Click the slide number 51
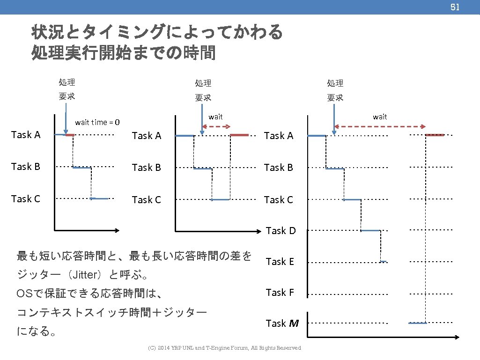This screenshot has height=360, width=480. [x=455, y=7]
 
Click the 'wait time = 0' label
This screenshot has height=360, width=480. [x=97, y=123]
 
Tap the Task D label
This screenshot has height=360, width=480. [x=281, y=231]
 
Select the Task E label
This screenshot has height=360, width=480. [x=280, y=262]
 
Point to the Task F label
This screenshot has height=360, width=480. [x=280, y=293]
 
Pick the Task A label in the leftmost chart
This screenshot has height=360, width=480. [x=26, y=135]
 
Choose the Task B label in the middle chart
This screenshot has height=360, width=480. [x=147, y=168]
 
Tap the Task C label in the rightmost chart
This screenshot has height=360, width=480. [x=278, y=200]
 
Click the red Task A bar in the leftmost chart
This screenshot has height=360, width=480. [x=69, y=135]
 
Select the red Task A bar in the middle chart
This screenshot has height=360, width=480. [x=239, y=135]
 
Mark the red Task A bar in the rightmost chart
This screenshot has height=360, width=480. [x=435, y=135]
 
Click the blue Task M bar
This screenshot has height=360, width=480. [x=417, y=323]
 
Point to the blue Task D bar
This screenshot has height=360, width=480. [x=370, y=231]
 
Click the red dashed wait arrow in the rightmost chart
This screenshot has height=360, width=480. [x=380, y=126]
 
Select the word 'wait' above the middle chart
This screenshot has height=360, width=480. [x=215, y=117]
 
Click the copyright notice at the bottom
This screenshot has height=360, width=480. [x=224, y=348]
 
